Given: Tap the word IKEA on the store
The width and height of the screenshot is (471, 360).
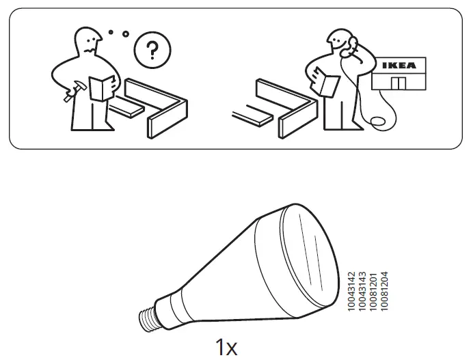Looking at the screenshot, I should [397, 66].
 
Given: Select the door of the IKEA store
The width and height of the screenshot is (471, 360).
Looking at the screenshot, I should [398, 83].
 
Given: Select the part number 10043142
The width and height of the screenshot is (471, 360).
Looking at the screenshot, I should [352, 292].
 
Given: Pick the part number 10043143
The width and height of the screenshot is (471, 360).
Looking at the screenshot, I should [362, 292].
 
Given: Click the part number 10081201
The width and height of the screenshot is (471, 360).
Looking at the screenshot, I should [373, 292].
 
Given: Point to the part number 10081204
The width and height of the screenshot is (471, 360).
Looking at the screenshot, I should [383, 292].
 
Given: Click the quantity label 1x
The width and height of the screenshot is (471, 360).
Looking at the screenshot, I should [226, 346].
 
